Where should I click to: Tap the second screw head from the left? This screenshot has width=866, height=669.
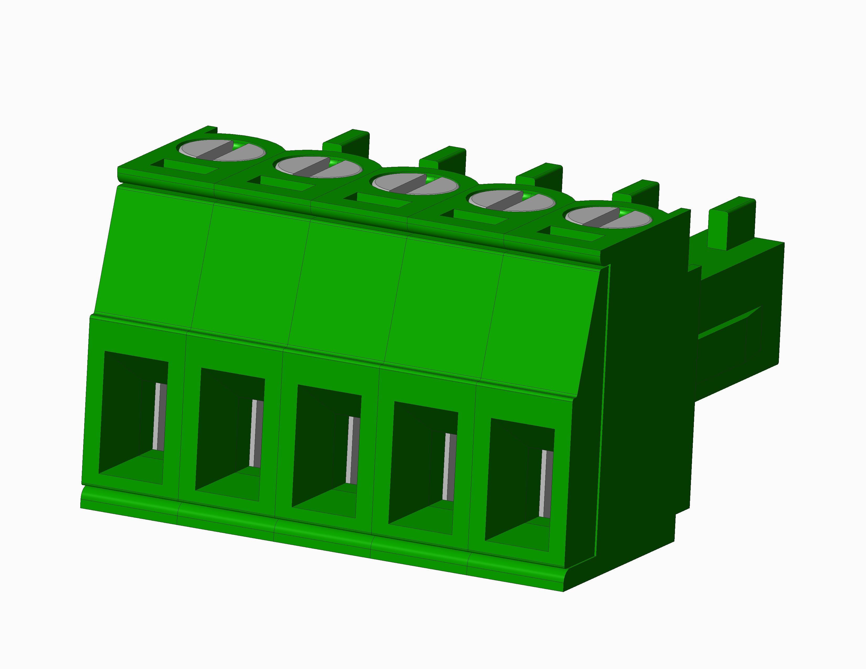click(x=318, y=167)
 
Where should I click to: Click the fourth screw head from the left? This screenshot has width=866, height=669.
click(x=511, y=201)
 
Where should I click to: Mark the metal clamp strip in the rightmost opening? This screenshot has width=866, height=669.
click(x=546, y=484)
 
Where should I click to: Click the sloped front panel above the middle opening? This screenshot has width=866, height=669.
click(x=345, y=289)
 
